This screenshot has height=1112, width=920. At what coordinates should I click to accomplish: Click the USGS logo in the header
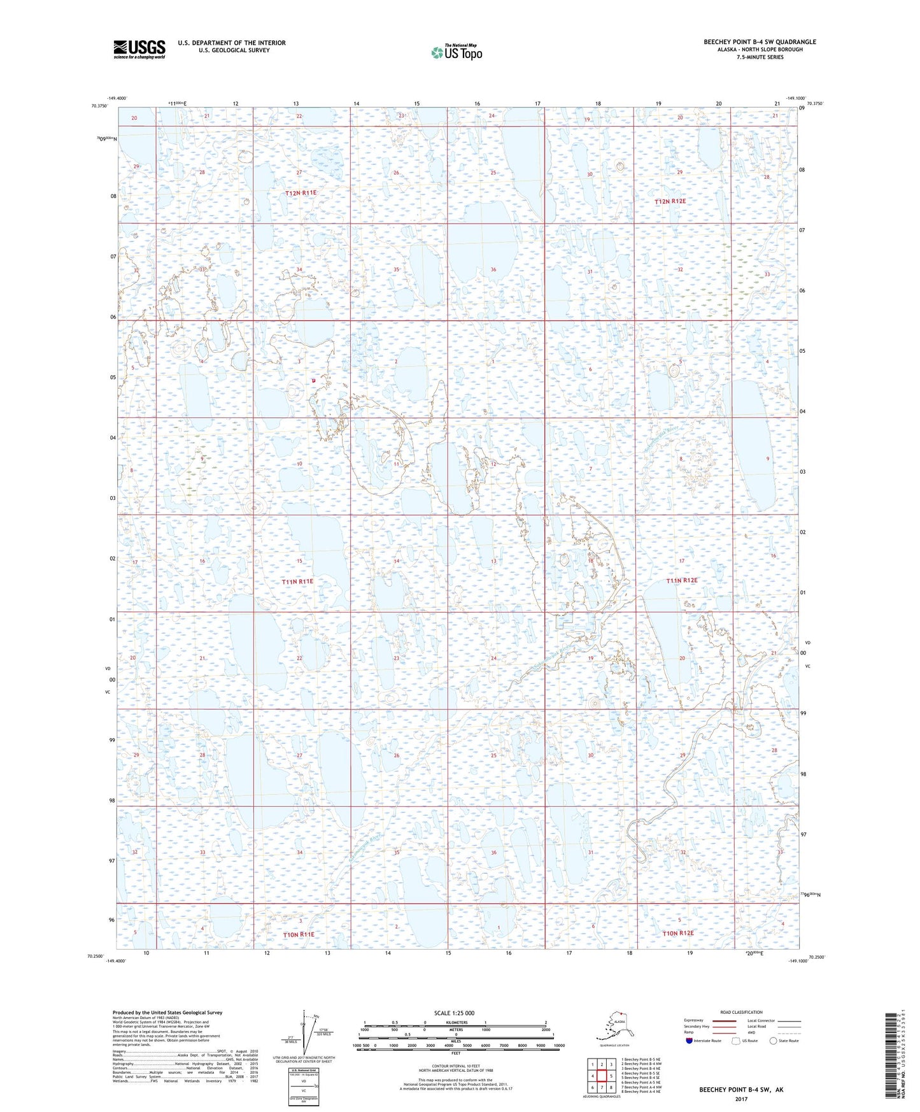[139, 49]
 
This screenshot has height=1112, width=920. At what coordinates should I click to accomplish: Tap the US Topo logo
[456, 52]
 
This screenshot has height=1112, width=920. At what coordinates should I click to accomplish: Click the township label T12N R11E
[301, 193]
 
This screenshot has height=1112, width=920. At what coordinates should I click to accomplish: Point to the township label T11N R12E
[682, 581]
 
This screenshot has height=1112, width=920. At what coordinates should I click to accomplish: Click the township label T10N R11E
[298, 934]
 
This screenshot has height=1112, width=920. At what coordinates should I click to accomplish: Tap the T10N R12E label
[677, 933]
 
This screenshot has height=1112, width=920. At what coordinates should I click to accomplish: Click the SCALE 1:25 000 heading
[454, 1013]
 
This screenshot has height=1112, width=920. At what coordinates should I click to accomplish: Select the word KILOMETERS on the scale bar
[455, 1023]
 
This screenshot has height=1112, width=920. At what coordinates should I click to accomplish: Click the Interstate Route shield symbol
[690, 1041]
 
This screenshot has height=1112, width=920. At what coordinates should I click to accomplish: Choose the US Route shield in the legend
[736, 1041]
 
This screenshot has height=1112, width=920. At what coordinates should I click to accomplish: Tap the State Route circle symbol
[774, 1041]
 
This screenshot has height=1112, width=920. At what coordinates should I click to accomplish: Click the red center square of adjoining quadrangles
[601, 1076]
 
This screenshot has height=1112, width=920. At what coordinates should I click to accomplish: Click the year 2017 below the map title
[741, 1099]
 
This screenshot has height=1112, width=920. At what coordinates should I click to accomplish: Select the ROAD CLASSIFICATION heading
[741, 1012]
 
